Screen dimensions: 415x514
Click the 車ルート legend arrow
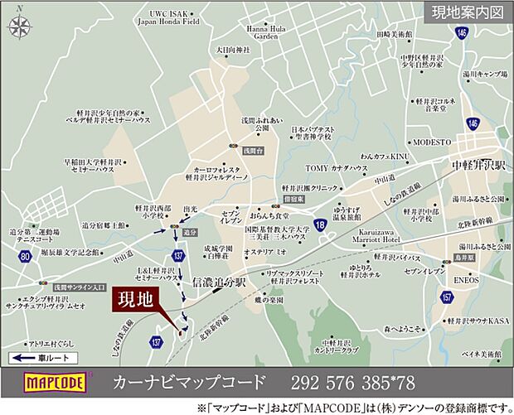[x=41, y=358]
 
